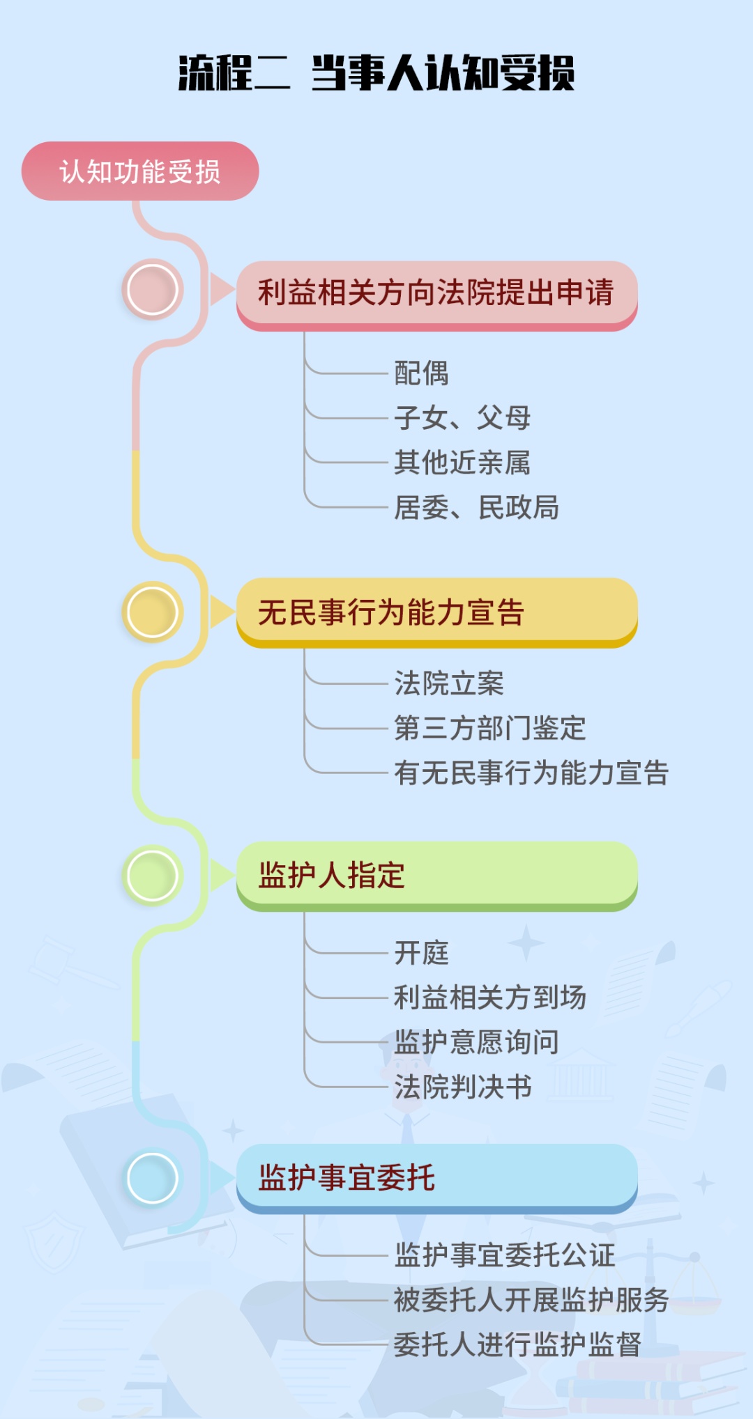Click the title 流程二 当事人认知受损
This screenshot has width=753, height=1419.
[x=376, y=72]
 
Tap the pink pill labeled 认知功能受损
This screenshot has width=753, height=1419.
[x=140, y=171]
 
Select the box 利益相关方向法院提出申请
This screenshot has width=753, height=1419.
[x=436, y=293]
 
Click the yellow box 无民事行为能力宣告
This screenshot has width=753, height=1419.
[x=436, y=612]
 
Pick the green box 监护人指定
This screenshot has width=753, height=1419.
[x=436, y=875]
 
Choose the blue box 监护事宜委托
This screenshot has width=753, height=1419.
[x=436, y=1177]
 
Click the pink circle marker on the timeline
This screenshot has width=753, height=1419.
[x=152, y=289]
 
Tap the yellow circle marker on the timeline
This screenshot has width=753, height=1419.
[x=152, y=612]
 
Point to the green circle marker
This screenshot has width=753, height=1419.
[x=152, y=875]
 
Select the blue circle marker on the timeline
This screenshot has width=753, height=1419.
[x=152, y=1178]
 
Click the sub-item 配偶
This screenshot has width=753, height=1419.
[x=421, y=373]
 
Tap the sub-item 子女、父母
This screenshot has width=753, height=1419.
[x=462, y=418]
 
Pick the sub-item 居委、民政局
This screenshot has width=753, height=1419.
[x=476, y=508]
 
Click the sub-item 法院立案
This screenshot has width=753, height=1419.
[x=449, y=683]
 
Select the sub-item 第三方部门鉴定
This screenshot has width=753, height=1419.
[x=489, y=728]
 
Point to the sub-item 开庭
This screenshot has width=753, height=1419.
[x=421, y=953]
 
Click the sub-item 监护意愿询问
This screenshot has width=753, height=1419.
[x=476, y=1042]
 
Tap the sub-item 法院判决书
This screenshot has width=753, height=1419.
[x=463, y=1087]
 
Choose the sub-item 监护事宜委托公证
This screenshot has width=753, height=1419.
[x=504, y=1255]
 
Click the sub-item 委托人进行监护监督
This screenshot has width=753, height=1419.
[x=517, y=1344]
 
